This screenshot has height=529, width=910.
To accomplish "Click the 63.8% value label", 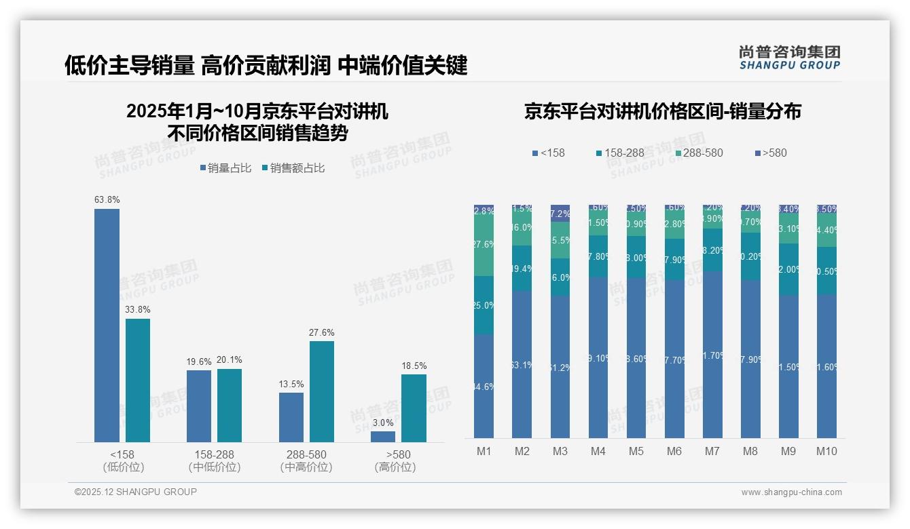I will coord(107,200).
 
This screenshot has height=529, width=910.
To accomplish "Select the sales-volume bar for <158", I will coord(107,326).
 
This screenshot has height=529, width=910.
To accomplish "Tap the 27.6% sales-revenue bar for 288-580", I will coord(322,391).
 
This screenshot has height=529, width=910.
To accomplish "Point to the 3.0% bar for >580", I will coord(383,437).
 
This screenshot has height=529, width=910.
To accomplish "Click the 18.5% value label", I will coord(414,366).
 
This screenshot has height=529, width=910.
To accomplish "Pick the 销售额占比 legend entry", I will coord(293,168).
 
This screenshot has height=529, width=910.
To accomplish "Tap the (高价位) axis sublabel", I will coord(395,467).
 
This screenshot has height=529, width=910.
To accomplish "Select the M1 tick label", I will coord(484,452).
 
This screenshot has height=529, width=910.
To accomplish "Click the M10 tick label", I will coord(826,452).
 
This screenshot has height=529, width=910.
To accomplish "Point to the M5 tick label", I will coord(636,452).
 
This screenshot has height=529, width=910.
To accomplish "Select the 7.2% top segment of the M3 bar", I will coord(560,213).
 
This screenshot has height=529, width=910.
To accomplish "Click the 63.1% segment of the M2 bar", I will coord(522,364).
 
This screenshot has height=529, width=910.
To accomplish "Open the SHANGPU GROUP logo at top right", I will coord(790,57).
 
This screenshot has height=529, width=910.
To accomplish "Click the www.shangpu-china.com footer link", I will coord(791,492).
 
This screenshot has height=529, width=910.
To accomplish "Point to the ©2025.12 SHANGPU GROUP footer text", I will coord(136,492).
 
